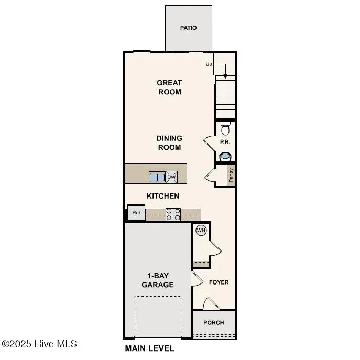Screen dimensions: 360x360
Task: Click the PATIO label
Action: coord(189,28)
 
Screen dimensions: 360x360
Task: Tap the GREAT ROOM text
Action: coord(169,87)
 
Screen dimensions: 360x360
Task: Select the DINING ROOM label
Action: coord(169,143)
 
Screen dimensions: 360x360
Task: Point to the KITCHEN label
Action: coord(163,196)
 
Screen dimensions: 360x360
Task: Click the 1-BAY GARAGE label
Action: coord(157,280)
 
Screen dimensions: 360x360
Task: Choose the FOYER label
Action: coord(219,282)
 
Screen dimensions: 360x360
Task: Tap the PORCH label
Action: coord(214,322)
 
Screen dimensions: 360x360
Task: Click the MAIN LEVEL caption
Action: coord(149,348)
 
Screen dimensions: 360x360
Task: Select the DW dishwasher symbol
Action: coord(172,177)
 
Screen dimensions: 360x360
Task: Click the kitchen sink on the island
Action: coord(157,177)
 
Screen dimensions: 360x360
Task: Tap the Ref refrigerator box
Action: coord(136,213)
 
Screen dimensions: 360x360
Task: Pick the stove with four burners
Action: coord(173,214)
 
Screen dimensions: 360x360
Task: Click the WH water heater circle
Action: coord(201,230)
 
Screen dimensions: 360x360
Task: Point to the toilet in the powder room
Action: coord(226,128)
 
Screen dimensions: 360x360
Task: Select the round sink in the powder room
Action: coord(225,156)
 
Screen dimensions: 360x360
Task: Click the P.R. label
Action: coord(225,142)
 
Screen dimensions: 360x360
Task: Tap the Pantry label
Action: coord(231,174)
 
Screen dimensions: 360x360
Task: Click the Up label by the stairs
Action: coord(209,64)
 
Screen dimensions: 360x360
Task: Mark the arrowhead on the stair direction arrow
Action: coord(225,76)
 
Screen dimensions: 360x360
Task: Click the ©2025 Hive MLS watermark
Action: coord(39,344)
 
